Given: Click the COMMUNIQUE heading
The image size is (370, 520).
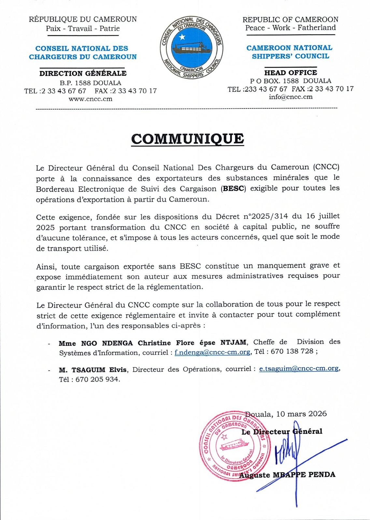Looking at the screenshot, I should click(x=187, y=139).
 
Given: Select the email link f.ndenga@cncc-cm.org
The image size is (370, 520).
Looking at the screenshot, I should click(x=212, y=352).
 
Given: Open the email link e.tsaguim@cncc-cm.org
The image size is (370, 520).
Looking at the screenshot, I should click(x=299, y=369).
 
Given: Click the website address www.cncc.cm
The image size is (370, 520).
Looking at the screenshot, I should click(x=90, y=99).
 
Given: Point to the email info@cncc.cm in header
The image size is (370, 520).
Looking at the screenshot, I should click(x=291, y=97).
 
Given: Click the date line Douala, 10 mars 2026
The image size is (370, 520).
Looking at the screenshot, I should click(x=286, y=414).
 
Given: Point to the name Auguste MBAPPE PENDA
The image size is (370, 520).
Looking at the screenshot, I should click(x=287, y=475).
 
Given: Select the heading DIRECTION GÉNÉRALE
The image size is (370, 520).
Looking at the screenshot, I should click(x=83, y=73).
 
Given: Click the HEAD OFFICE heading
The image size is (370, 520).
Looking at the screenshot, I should click(x=291, y=72).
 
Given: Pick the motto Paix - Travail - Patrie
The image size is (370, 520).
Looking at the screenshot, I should click(x=83, y=28).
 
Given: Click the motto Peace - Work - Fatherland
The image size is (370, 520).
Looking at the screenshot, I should click(x=291, y=28).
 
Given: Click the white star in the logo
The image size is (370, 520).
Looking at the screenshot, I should click(x=181, y=37).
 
